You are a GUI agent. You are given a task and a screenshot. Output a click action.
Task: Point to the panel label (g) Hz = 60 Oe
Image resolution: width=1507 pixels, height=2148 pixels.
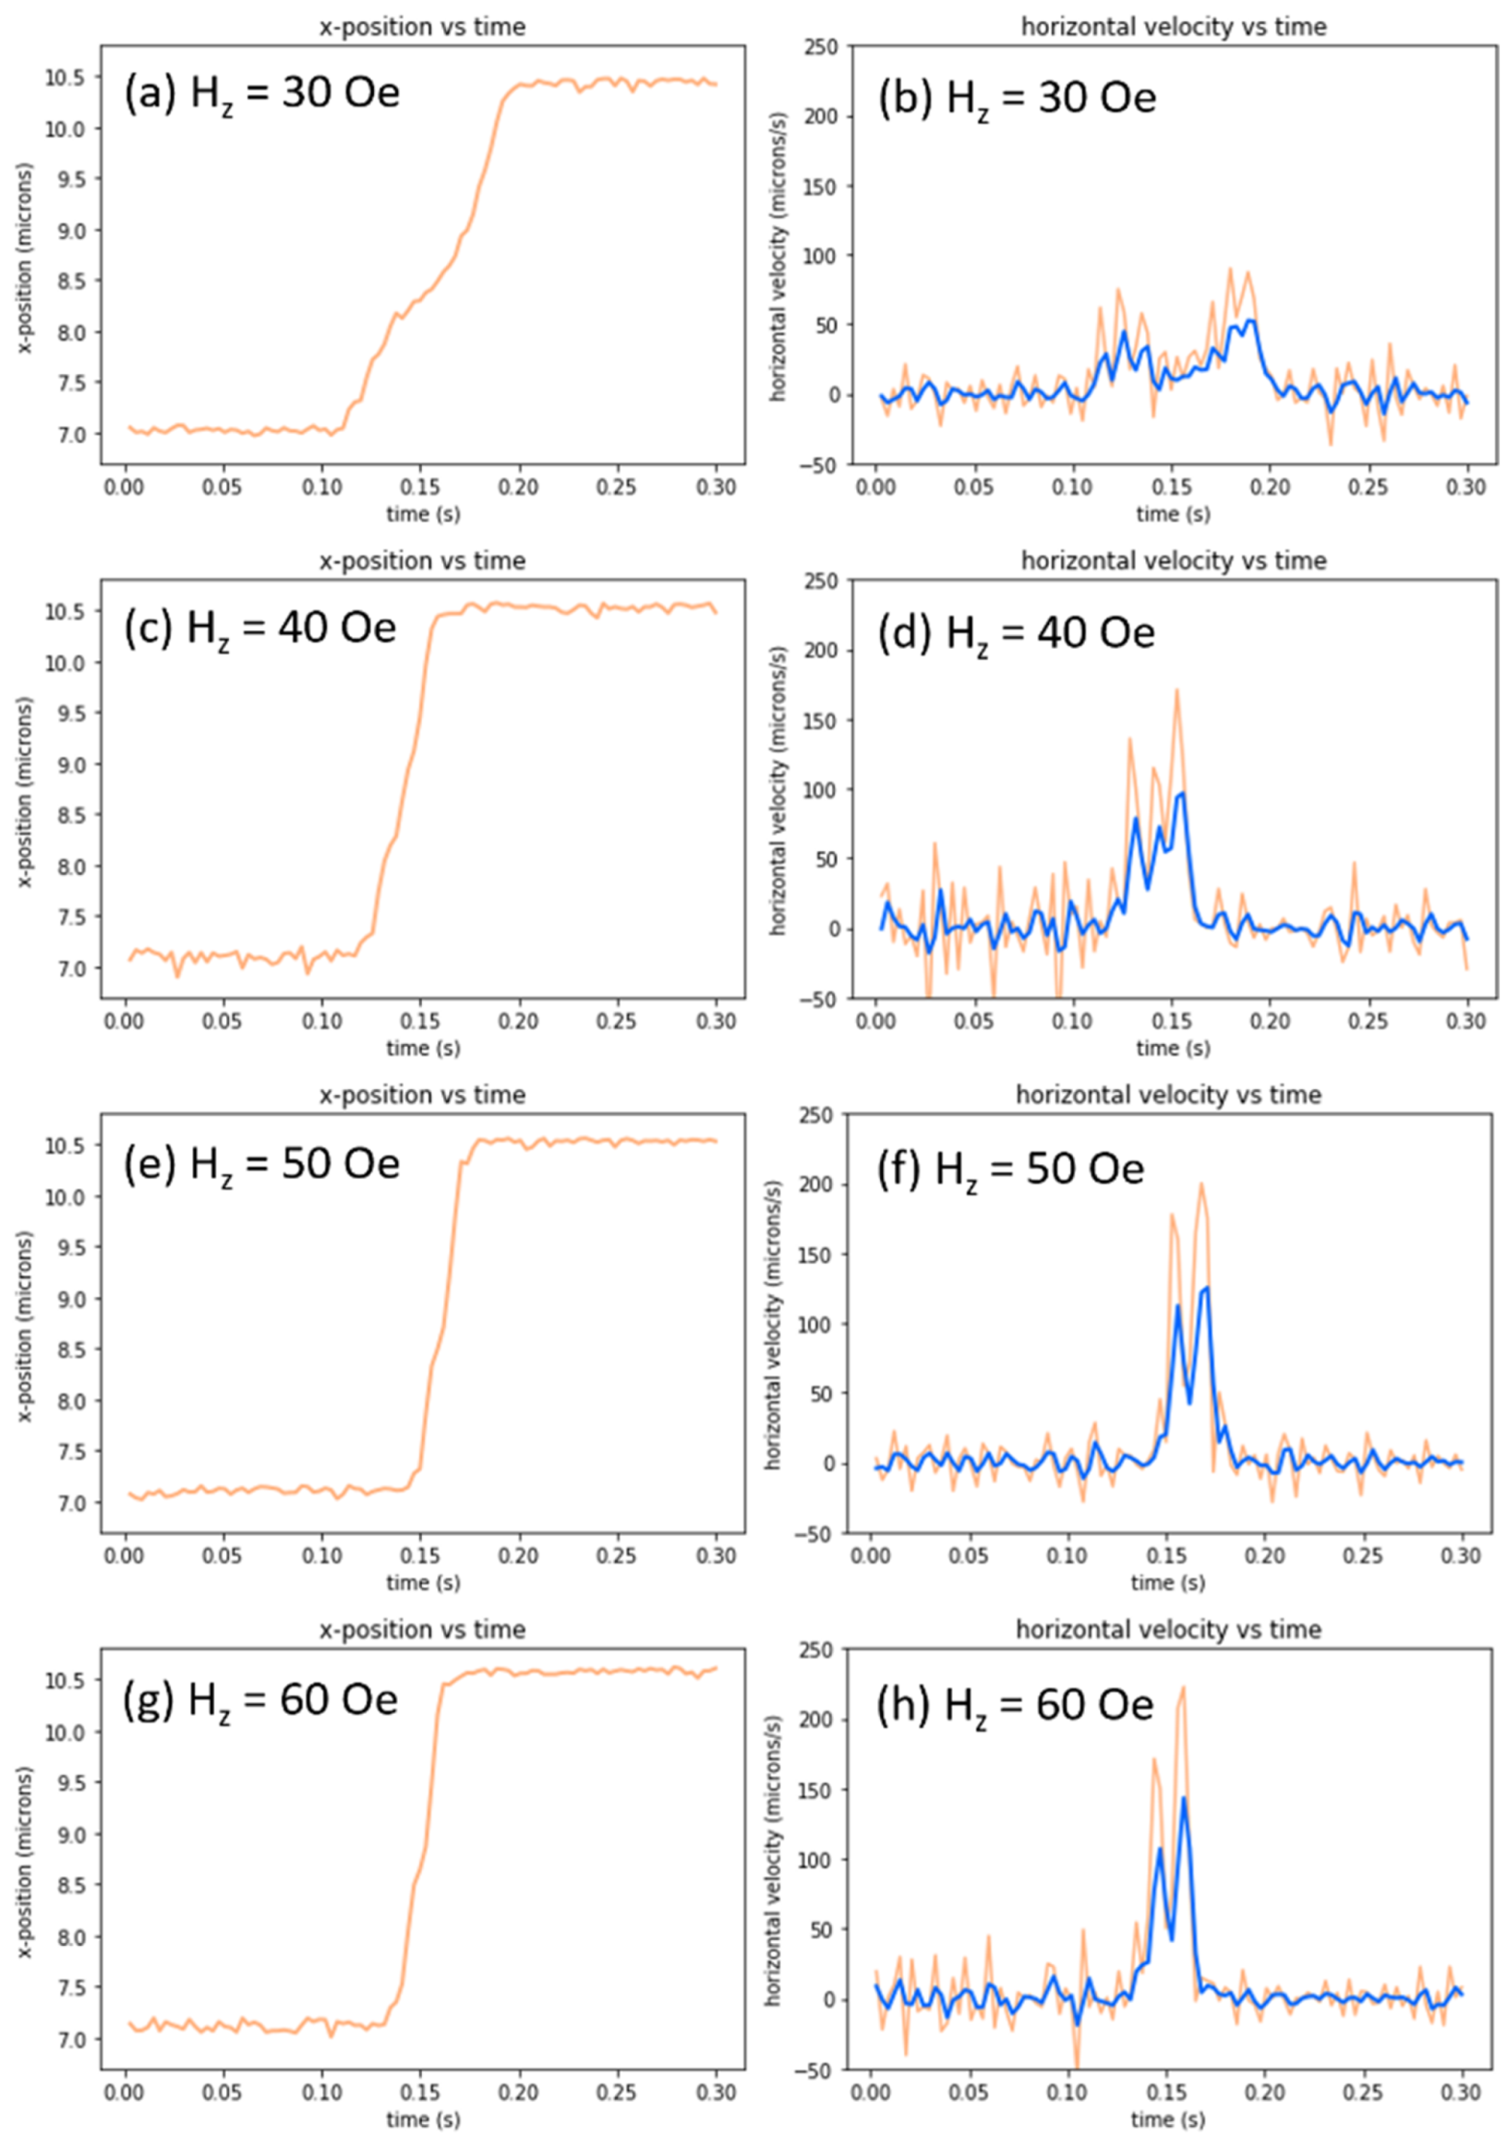tap(261, 1701)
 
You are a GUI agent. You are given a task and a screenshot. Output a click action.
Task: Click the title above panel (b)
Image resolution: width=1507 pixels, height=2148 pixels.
tap(1173, 26)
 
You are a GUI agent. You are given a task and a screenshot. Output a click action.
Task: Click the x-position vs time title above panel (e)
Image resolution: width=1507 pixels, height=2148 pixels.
tap(422, 1094)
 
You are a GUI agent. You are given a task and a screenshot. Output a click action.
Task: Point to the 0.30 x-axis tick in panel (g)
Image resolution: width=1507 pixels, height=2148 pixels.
tap(716, 2091)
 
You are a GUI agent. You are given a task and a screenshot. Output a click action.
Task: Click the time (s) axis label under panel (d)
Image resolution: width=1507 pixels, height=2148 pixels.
tap(1173, 1048)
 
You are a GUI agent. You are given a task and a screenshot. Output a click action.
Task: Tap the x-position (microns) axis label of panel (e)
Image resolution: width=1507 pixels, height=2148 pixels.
tap(26, 1325)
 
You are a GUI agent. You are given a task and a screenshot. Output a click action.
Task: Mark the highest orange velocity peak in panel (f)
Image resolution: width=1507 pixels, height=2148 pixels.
tap(1201, 1184)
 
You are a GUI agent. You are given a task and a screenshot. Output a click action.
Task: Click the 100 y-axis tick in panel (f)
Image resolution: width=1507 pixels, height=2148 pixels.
tap(821, 1323)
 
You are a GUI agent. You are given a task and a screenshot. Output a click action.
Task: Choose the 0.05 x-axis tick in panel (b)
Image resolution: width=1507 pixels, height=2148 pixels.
tap(974, 486)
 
